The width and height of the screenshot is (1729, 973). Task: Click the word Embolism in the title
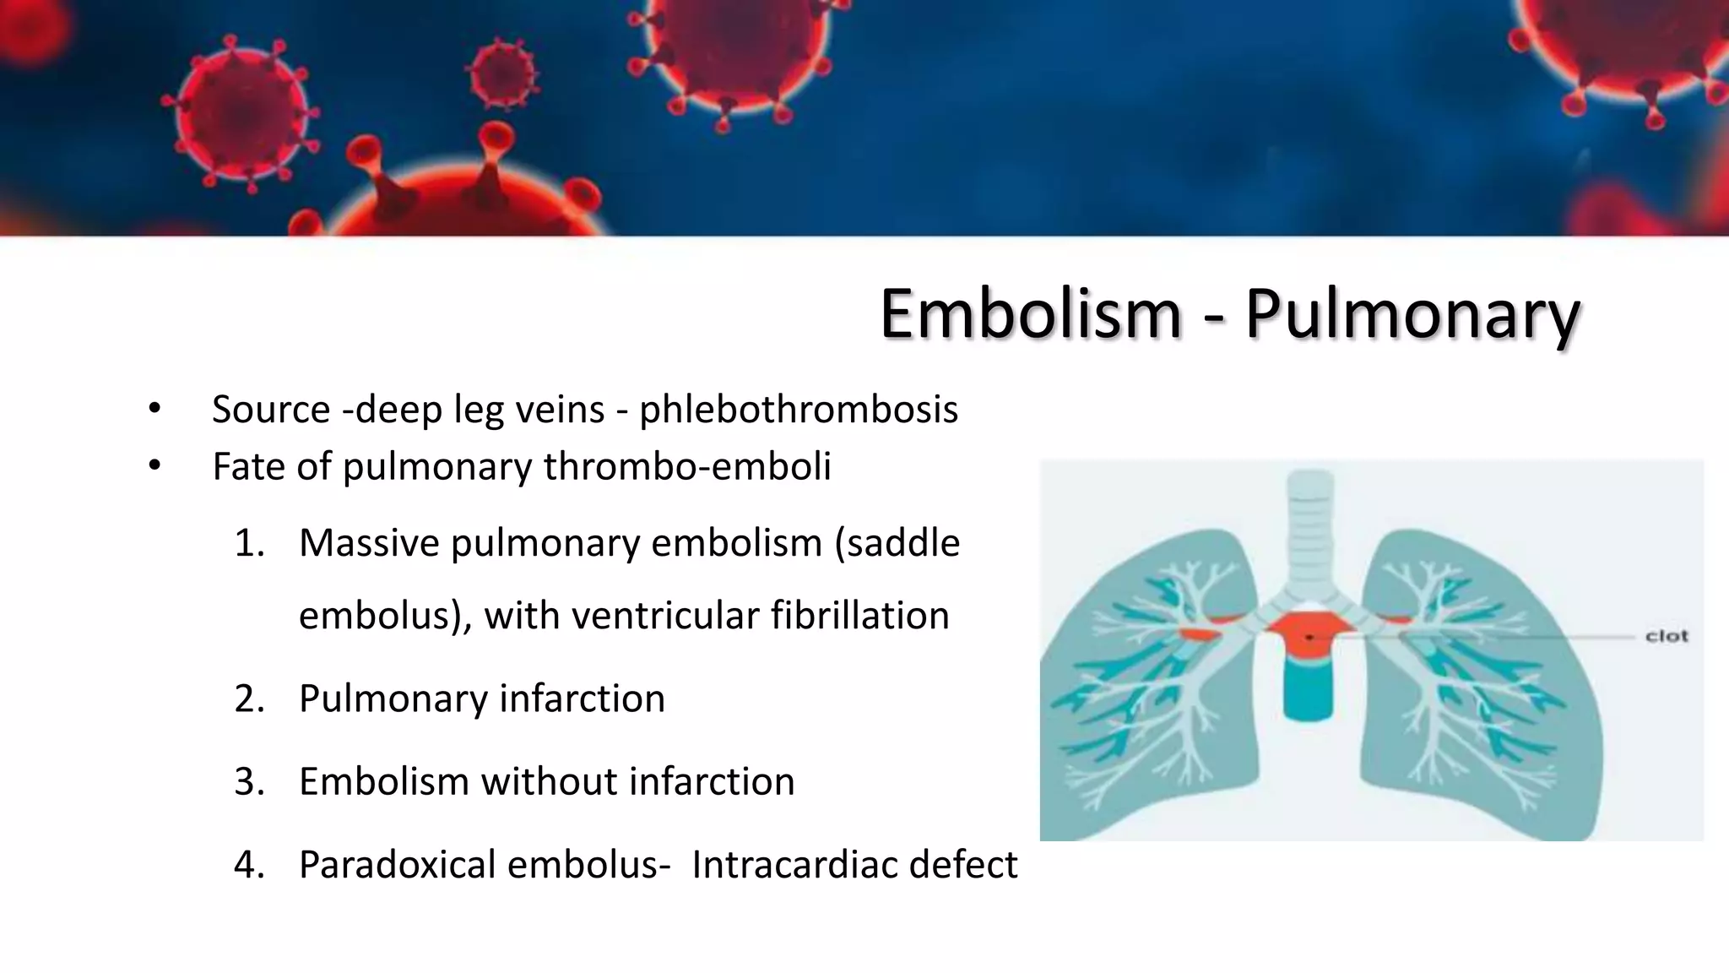[x=1030, y=314]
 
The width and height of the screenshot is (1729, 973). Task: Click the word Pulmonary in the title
[x=1412, y=314]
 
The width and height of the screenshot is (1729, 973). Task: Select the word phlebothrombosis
[x=799, y=410]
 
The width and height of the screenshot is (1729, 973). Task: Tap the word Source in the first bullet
[x=271, y=410]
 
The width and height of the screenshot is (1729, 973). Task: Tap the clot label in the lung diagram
[x=1666, y=636]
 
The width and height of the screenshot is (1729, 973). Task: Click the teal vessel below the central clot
[x=1308, y=688]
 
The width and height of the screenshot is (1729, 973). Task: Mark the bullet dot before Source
[x=154, y=410]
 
